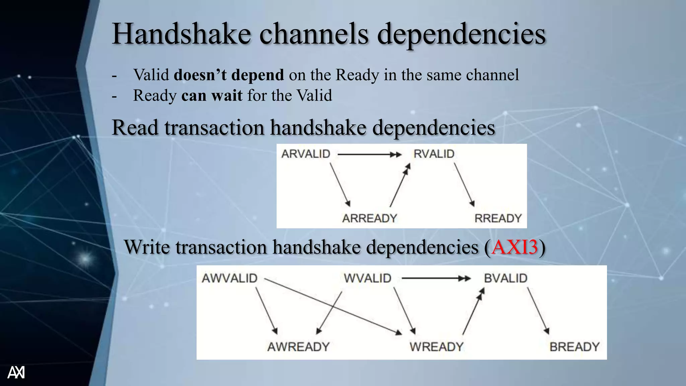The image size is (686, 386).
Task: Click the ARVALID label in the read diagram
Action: pyautogui.click(x=306, y=154)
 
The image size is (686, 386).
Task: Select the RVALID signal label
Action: pyautogui.click(x=434, y=154)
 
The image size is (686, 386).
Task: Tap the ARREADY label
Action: pyautogui.click(x=369, y=218)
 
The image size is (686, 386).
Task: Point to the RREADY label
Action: pyautogui.click(x=498, y=218)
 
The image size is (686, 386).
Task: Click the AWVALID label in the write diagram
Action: pyautogui.click(x=229, y=278)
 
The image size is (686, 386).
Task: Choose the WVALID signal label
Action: pyautogui.click(x=367, y=278)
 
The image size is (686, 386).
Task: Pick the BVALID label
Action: pyautogui.click(x=505, y=278)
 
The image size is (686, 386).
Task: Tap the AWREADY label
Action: pyautogui.click(x=298, y=347)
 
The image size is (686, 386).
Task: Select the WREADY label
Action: pyautogui.click(x=436, y=347)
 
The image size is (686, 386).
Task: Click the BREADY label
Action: pyautogui.click(x=574, y=347)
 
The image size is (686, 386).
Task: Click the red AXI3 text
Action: pyautogui.click(x=514, y=247)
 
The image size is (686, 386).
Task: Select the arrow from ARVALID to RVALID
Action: pyautogui.click(x=368, y=154)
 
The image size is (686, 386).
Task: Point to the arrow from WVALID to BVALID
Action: pyautogui.click(x=435, y=278)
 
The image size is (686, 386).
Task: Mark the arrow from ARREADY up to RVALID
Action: pyautogui.click(x=400, y=186)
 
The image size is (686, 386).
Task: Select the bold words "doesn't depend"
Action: pyautogui.click(x=229, y=75)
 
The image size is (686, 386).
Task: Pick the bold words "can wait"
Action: pyautogui.click(x=212, y=95)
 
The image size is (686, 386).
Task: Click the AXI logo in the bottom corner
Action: pyautogui.click(x=16, y=372)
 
